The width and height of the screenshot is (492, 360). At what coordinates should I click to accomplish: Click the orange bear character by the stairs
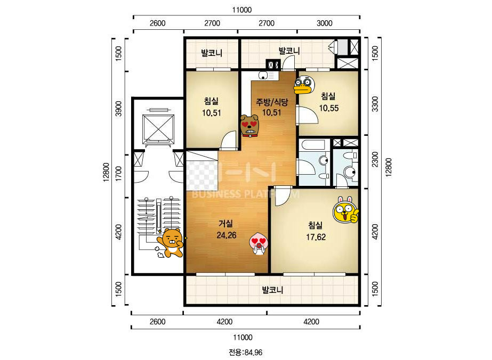(170, 243)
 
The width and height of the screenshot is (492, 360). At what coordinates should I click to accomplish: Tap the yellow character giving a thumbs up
(345, 210)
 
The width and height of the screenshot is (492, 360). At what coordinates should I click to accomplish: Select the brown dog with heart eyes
(249, 126)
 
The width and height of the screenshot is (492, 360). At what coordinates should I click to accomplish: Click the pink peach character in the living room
(259, 244)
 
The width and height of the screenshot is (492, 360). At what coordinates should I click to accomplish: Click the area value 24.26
(226, 235)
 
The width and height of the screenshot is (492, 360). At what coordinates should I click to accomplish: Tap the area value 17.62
(316, 237)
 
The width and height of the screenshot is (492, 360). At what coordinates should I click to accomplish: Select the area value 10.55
(328, 108)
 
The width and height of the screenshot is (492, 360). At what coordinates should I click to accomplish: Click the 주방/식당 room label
(272, 102)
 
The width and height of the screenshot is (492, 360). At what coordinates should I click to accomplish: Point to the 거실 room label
(226, 224)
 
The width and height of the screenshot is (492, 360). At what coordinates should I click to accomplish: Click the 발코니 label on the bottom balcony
(272, 290)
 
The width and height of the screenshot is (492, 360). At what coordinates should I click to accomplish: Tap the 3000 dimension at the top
(324, 23)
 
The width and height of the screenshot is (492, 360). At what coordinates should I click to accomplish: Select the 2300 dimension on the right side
(375, 159)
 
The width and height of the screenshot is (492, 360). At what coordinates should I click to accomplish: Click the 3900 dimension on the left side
(119, 109)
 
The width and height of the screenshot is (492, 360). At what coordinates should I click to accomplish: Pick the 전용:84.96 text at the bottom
(245, 353)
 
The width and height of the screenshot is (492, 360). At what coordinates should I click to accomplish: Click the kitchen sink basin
(263, 75)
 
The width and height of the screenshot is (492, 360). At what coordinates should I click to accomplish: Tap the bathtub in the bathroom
(313, 146)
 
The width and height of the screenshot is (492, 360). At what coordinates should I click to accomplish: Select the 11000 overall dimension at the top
(242, 10)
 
